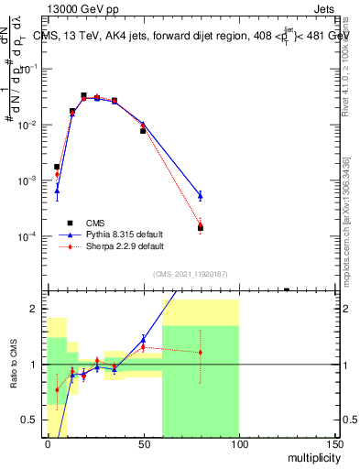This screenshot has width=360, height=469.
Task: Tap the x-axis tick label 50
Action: click(x=143, y=443)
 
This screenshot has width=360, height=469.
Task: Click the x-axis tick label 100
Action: click(x=239, y=443)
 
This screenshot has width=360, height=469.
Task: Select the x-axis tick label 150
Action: click(x=334, y=443)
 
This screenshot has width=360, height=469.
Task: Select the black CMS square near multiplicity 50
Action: click(x=143, y=131)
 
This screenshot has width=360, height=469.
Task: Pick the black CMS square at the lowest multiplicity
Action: click(x=57, y=167)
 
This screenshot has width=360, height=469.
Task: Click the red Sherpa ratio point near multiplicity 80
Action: click(x=201, y=352)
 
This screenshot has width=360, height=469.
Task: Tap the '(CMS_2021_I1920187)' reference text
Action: click(x=191, y=275)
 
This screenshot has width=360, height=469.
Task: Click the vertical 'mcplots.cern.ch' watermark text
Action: click(x=346, y=229)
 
